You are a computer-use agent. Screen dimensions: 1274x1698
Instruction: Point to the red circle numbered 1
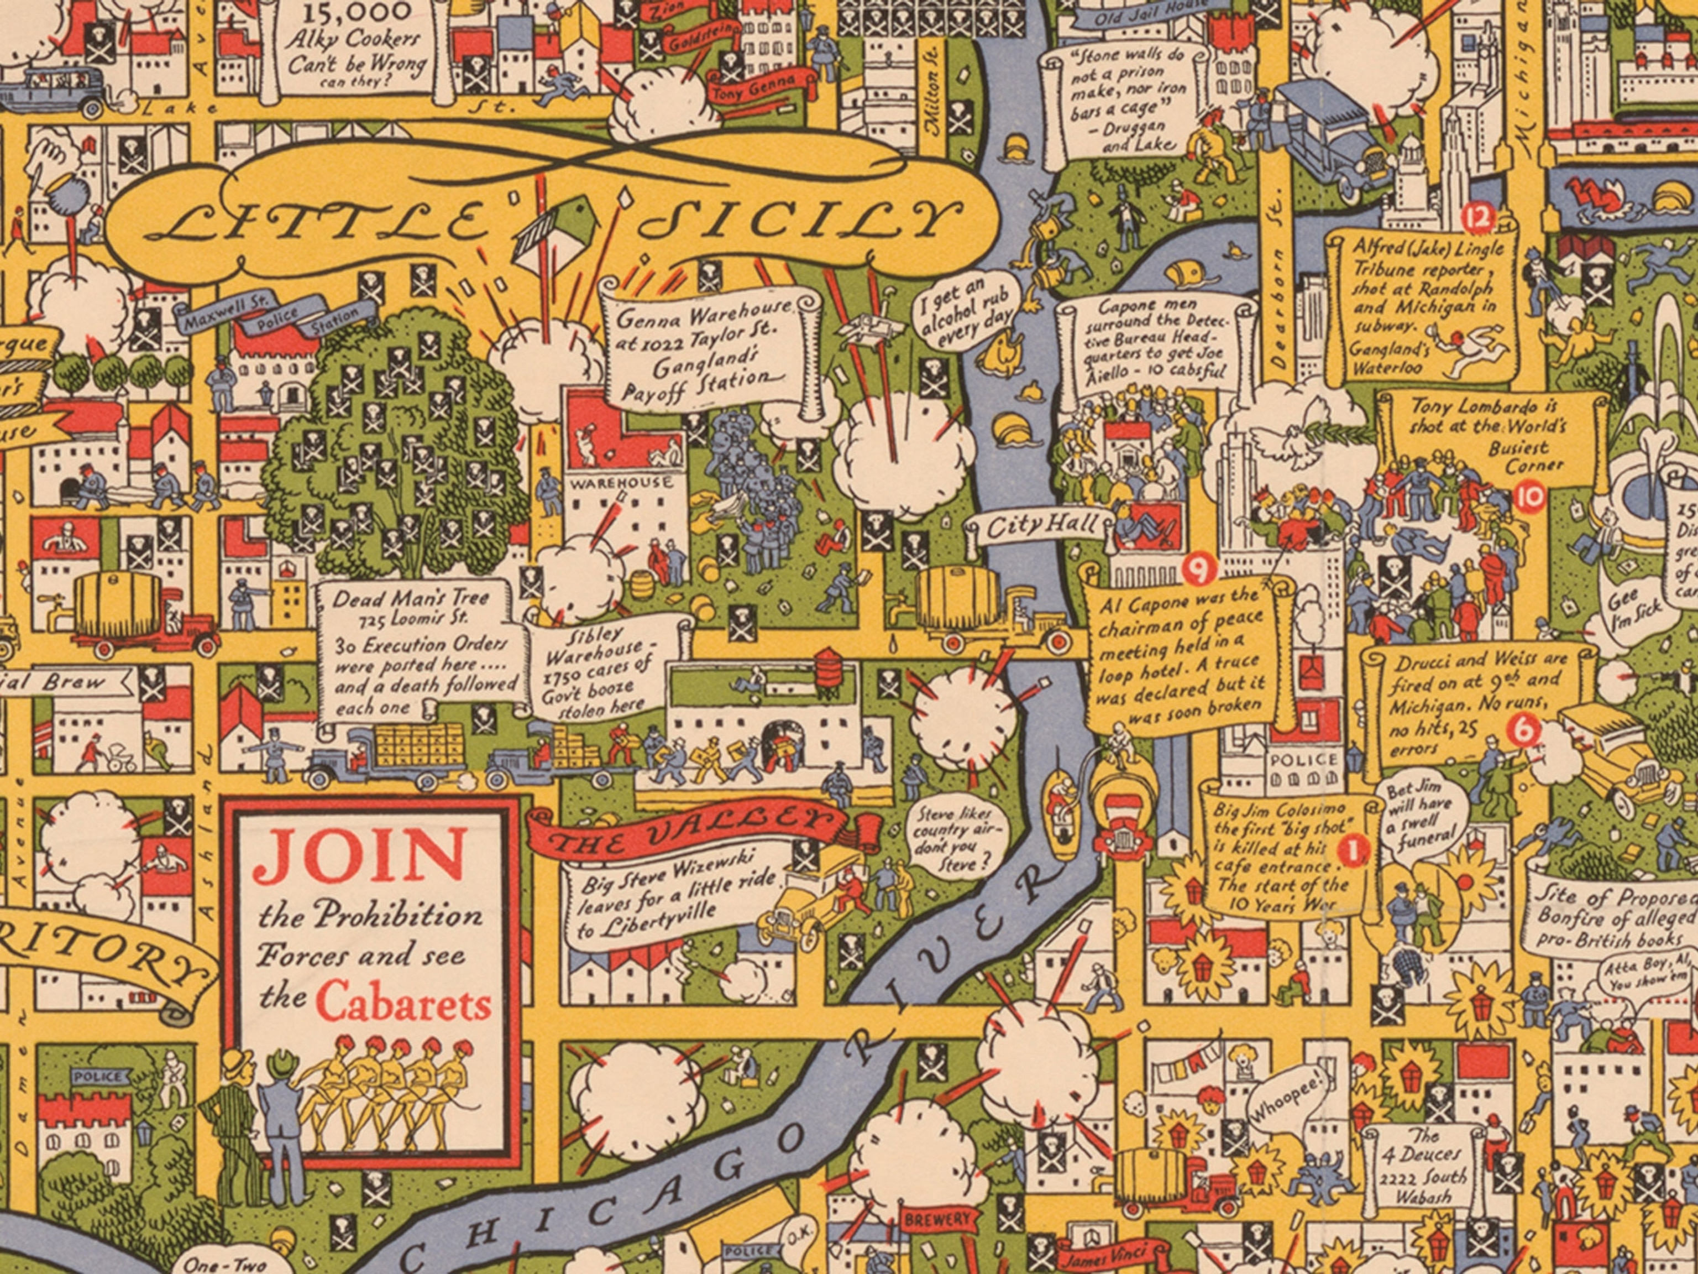(1353, 849)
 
